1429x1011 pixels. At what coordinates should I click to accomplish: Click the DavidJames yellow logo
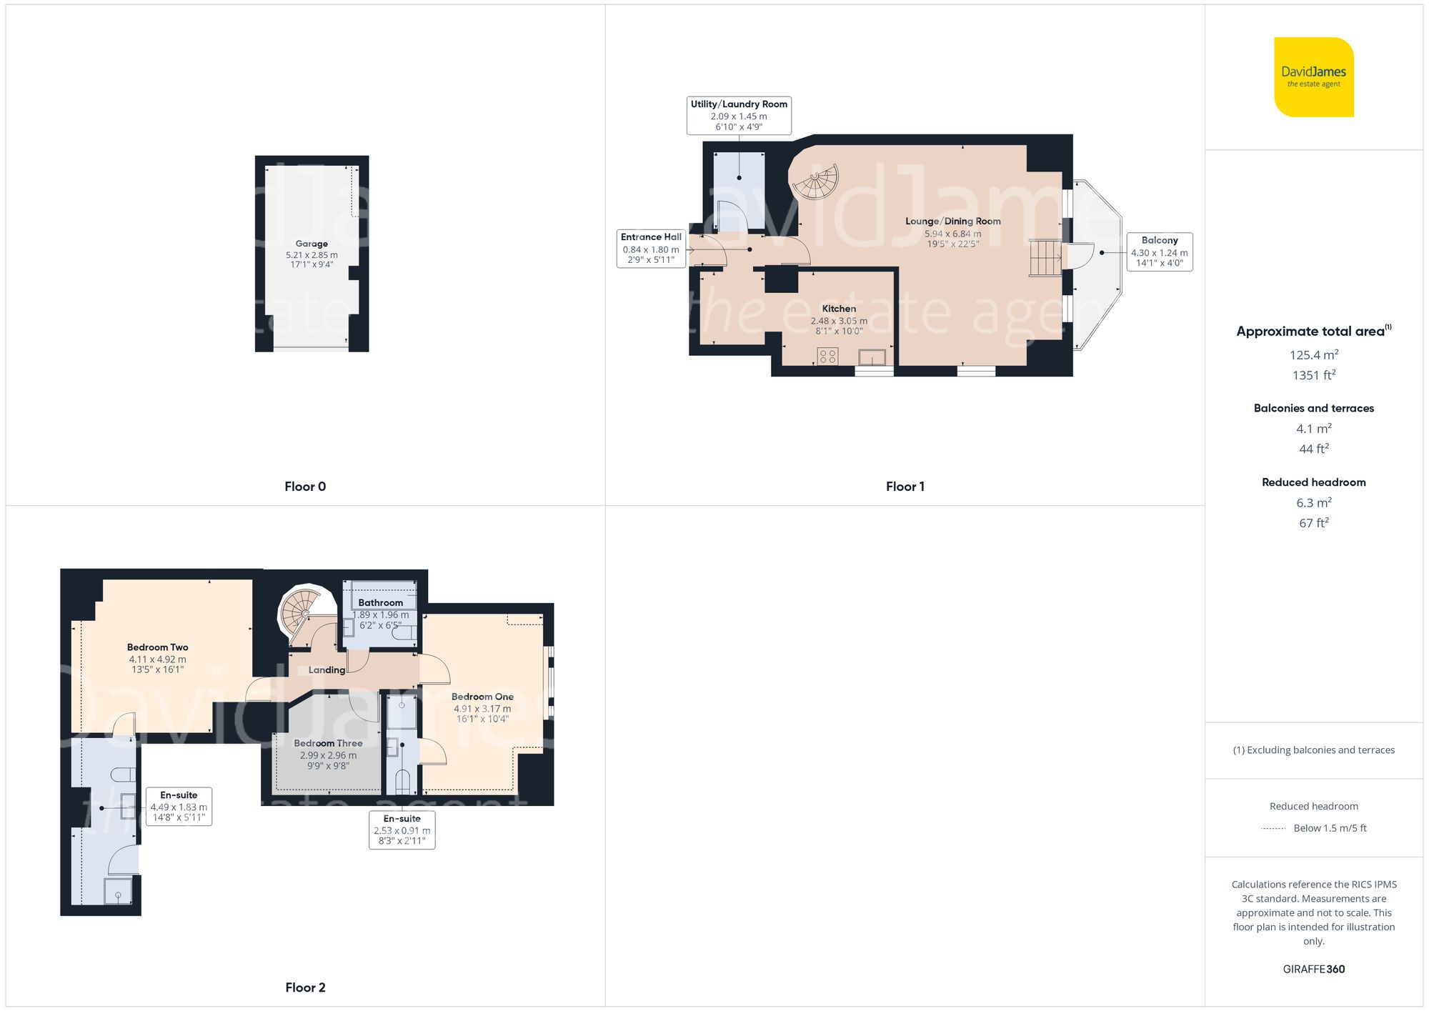pos(1313,77)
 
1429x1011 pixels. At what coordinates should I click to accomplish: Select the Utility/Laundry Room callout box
pos(739,115)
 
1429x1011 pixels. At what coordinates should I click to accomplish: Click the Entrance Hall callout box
pos(650,248)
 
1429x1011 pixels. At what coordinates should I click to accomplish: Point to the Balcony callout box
pos(1159,251)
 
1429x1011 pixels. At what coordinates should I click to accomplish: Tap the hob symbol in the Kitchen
pos(827,355)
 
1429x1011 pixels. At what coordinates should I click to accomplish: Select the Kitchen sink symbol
pos(872,357)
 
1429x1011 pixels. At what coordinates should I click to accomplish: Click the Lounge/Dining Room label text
pos(952,221)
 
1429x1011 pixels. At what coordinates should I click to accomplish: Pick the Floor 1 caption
pos(905,487)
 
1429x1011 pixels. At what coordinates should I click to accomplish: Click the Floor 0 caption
pos(305,487)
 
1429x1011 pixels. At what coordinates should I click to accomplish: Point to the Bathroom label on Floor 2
pos(380,603)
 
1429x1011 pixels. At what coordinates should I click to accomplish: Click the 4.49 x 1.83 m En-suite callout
pos(179,806)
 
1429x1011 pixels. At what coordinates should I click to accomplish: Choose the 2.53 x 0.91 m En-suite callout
pos(402,830)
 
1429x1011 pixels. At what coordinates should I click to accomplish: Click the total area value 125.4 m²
pos(1313,354)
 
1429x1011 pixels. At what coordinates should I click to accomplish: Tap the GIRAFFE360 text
pos(1313,969)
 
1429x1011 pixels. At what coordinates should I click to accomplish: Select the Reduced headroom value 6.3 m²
pos(1313,502)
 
